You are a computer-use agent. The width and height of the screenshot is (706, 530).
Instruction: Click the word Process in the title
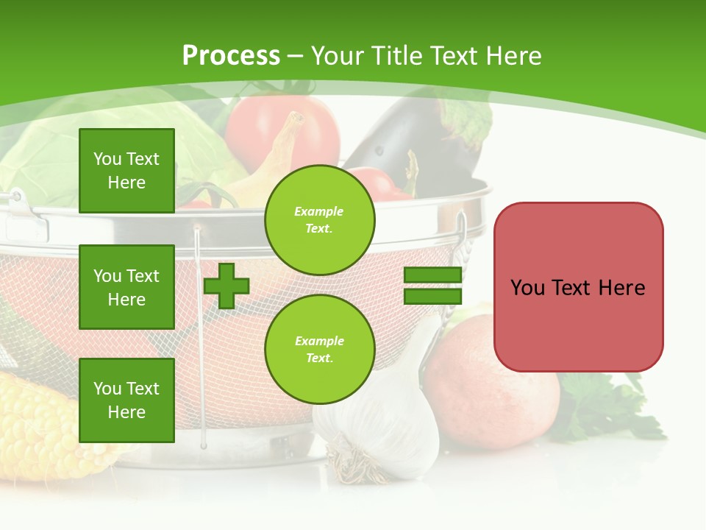231,55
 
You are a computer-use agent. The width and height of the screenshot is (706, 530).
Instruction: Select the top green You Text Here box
126,171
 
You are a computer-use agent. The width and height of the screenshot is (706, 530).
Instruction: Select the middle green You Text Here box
126,287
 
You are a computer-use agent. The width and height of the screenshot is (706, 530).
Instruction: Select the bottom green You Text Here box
126,400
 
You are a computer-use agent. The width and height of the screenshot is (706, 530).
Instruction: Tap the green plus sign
227,286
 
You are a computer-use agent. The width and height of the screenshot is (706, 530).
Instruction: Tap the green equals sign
432,286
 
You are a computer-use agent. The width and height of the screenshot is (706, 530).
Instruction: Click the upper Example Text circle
319,220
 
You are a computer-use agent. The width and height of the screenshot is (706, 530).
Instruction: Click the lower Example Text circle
319,350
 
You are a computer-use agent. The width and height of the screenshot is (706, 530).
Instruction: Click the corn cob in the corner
37,427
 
